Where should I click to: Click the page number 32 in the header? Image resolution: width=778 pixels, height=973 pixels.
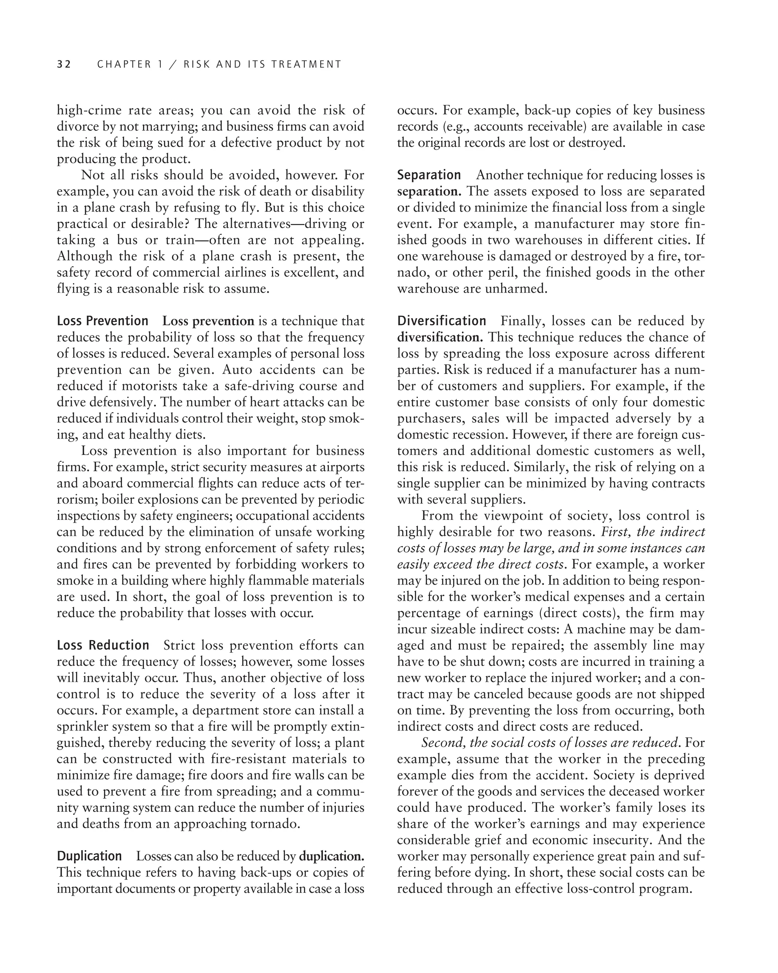coord(64,65)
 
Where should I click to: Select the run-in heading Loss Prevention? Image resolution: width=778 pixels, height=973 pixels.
coord(103,321)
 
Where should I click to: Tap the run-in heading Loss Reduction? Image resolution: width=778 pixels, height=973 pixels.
coord(103,645)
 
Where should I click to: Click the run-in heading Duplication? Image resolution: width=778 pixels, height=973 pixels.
coord(89,856)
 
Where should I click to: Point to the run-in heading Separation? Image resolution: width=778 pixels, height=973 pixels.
coord(429,175)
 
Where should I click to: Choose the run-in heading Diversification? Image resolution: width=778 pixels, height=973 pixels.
coord(441,321)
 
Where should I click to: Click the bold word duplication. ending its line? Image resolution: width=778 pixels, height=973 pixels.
coord(332,856)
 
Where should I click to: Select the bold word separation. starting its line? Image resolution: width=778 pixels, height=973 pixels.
coord(429,191)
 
